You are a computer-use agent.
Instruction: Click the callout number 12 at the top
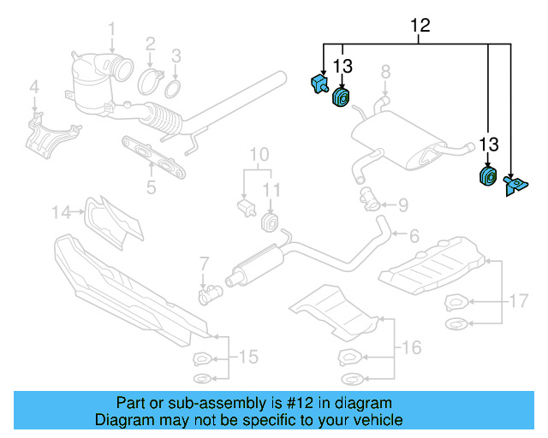pyautogui.click(x=420, y=26)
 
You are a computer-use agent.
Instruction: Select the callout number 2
pyautogui.click(x=150, y=43)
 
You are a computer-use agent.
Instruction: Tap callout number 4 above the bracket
pyautogui.click(x=34, y=86)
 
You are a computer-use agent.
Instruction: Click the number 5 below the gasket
pyautogui.click(x=151, y=186)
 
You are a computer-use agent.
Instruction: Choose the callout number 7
pyautogui.click(x=204, y=263)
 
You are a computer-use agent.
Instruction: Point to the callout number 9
pyautogui.click(x=402, y=204)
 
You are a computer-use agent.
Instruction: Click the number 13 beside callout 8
pyautogui.click(x=342, y=66)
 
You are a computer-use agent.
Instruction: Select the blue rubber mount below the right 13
pyautogui.click(x=487, y=176)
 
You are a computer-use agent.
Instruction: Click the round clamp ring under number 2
pyautogui.click(x=151, y=83)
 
